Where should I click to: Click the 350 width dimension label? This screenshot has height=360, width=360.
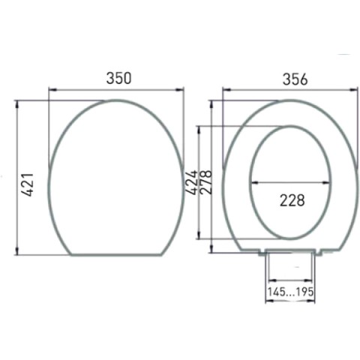118,78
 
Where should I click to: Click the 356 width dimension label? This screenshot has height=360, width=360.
295,79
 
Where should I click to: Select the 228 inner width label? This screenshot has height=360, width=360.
292,200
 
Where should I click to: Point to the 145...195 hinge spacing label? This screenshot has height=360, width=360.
290,292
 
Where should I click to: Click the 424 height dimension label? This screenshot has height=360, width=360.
191,182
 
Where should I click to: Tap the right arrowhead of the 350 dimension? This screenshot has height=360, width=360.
180,89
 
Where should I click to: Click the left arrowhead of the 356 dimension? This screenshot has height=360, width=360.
226,89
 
